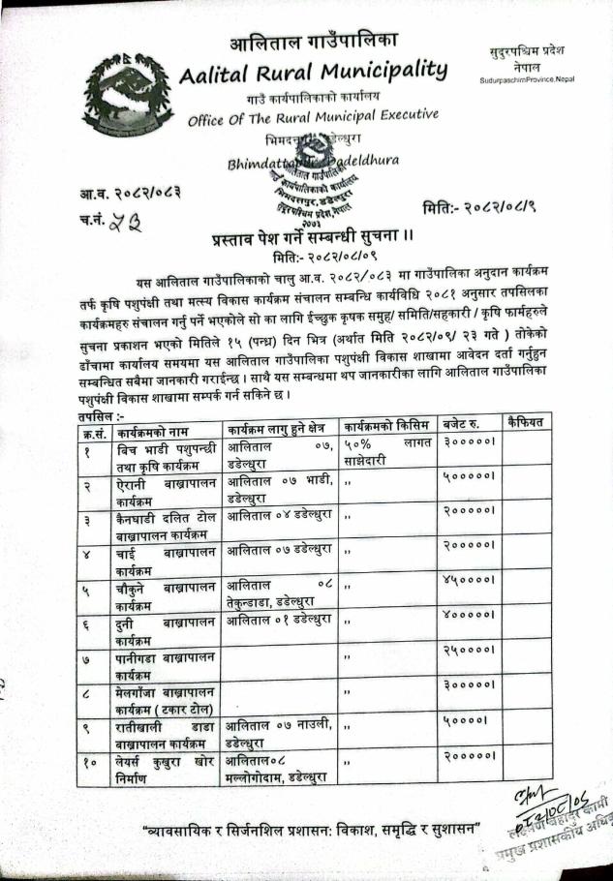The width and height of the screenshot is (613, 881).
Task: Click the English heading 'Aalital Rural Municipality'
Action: point(314,72)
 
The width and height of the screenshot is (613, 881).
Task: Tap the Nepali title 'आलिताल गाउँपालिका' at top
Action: point(314,42)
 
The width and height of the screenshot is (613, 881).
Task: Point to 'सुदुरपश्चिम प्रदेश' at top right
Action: point(528,48)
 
